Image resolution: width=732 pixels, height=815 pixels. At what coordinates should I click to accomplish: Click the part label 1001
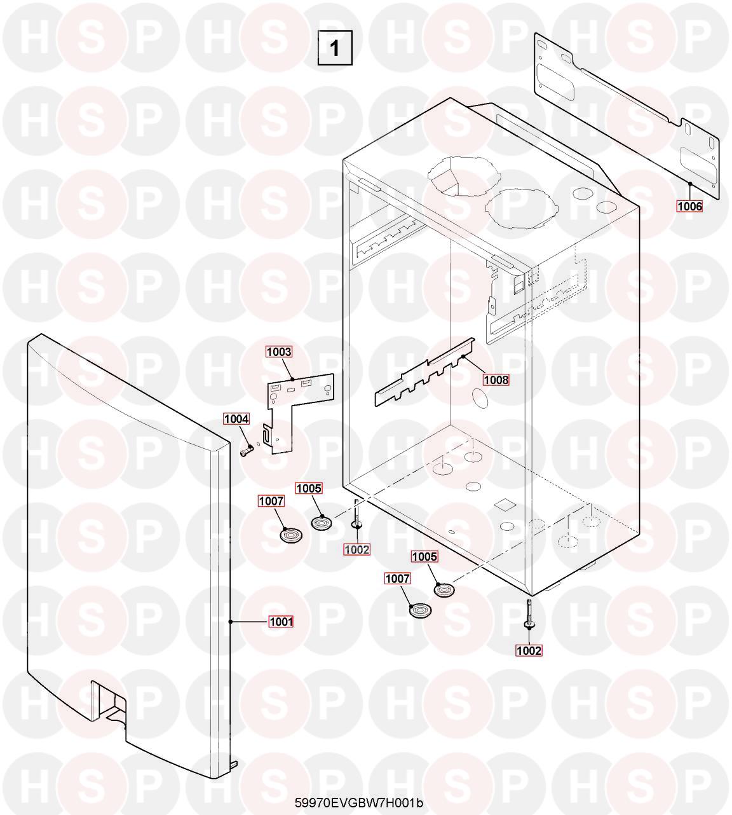coord(281,622)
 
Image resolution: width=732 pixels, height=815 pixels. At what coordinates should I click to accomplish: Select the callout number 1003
coord(279,352)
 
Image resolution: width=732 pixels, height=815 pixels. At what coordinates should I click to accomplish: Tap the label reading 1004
coord(236,419)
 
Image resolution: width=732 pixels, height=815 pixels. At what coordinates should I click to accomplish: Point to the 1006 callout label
coord(690,207)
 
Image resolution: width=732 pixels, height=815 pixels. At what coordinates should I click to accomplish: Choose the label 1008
coord(496,380)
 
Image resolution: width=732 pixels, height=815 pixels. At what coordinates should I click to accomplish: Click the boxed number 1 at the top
coord(335,48)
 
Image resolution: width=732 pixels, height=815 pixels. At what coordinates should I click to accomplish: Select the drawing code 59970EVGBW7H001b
coord(359,803)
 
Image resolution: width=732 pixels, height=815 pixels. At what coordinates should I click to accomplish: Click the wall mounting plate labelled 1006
coord(625,117)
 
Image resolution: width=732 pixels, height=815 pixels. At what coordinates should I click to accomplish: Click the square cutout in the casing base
coord(502,503)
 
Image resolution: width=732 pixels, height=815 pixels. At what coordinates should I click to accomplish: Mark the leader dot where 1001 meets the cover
coord(231,622)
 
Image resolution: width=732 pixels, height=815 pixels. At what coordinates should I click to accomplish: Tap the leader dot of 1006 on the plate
coord(690,184)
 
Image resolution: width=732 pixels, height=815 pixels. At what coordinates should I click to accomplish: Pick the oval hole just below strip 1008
coord(480,399)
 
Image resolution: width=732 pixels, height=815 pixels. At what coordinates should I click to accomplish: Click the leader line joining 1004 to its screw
coord(245,436)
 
